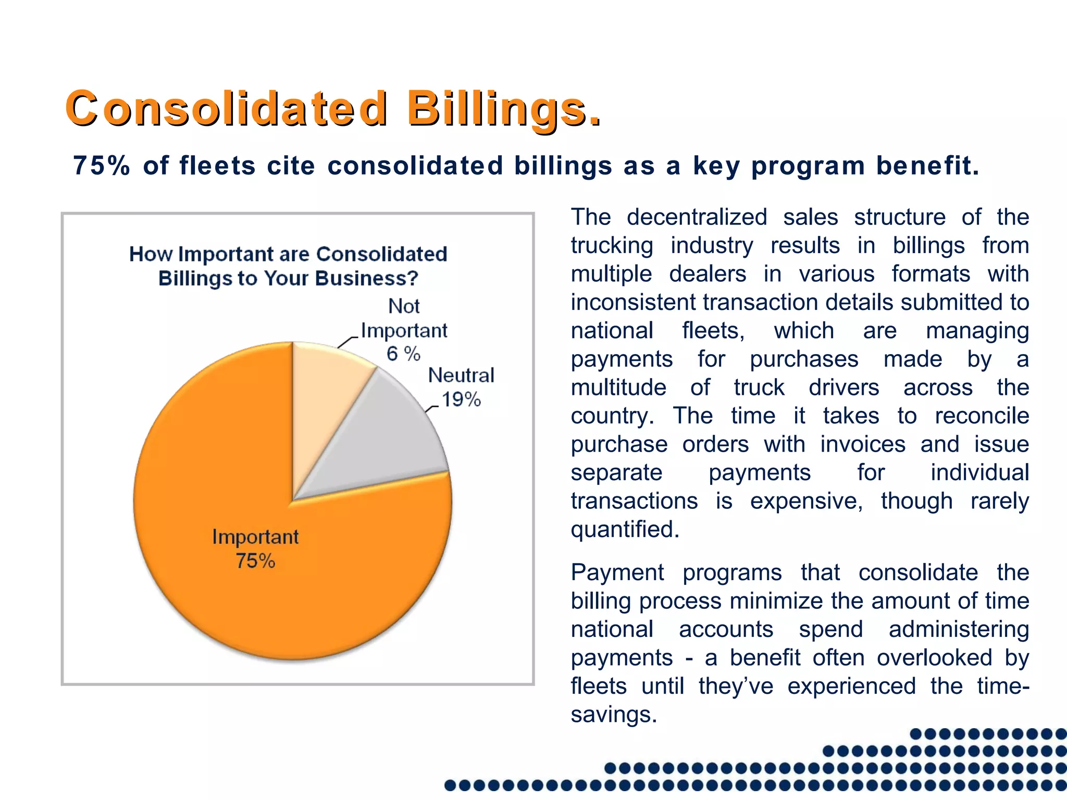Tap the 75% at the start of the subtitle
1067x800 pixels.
(102, 166)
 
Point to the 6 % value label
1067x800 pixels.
(403, 354)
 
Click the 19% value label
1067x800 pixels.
(461, 399)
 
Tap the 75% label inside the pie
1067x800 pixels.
(255, 561)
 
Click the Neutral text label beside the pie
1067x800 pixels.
(461, 375)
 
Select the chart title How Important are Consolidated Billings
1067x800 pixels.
(288, 266)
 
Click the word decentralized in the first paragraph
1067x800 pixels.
(697, 217)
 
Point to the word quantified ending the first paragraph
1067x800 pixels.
(625, 529)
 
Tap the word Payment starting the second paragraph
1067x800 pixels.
(617, 572)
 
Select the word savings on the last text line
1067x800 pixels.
(613, 714)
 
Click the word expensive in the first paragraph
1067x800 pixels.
(806, 501)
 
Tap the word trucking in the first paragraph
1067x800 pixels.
(612, 245)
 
